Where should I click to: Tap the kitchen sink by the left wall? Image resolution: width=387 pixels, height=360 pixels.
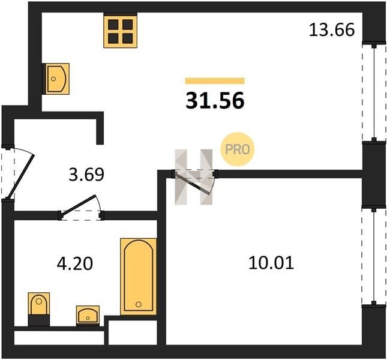(x=56, y=79)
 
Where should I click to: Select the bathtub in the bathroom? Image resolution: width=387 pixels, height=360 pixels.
(x=139, y=277)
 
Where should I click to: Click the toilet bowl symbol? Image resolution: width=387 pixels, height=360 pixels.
(x=39, y=304)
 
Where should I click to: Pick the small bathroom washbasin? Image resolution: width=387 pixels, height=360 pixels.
(x=88, y=315)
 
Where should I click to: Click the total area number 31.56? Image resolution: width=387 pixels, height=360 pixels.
(x=215, y=101)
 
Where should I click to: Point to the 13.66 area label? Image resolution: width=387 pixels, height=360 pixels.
(x=332, y=30)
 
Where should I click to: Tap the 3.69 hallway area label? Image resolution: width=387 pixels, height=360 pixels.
(x=86, y=175)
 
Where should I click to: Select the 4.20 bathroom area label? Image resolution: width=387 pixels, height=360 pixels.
(x=75, y=263)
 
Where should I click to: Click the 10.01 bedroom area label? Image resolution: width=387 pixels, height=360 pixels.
(x=271, y=263)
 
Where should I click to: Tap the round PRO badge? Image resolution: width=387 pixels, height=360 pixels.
(x=238, y=149)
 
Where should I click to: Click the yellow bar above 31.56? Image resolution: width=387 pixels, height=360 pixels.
(x=215, y=81)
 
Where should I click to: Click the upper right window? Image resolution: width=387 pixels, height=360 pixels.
(x=374, y=92)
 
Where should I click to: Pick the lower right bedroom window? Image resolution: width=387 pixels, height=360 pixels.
(x=374, y=257)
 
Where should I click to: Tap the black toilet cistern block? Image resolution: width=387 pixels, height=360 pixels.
(x=39, y=320)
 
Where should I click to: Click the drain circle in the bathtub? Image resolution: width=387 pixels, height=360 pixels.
(x=139, y=304)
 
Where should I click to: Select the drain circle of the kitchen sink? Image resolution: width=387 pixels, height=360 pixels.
(x=53, y=79)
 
